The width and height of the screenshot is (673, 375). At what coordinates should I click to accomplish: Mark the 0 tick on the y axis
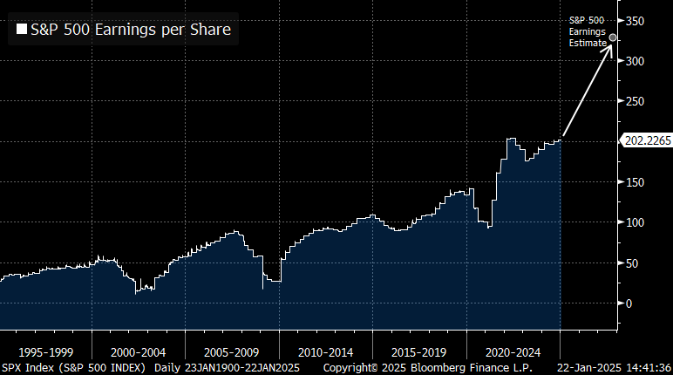(633, 303)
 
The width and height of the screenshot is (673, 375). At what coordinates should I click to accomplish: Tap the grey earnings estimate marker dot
(613, 37)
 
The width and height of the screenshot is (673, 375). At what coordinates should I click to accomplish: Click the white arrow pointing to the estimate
(588, 87)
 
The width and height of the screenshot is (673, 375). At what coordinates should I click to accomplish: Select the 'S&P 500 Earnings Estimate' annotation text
(587, 31)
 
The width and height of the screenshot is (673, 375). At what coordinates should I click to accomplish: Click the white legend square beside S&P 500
(21, 31)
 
